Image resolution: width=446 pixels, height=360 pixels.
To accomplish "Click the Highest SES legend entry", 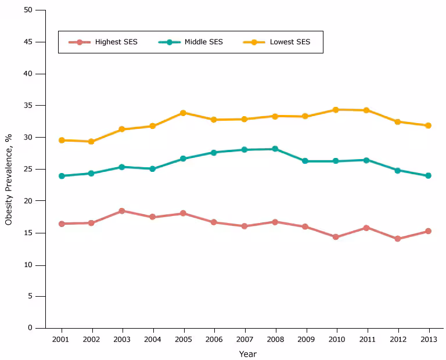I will [x=103, y=42].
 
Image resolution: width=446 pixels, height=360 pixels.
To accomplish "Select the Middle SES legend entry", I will [x=191, y=42].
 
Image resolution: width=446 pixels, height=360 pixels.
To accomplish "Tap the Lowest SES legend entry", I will [x=277, y=42].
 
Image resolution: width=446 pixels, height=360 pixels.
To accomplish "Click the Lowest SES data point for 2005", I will [x=183, y=113].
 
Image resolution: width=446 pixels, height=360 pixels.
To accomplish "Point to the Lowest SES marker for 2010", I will [x=336, y=110].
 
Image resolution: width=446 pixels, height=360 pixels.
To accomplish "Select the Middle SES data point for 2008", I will [x=275, y=149].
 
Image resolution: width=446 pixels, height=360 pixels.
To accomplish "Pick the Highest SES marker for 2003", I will [x=121, y=211].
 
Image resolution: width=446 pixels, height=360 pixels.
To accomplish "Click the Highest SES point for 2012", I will [x=397, y=239].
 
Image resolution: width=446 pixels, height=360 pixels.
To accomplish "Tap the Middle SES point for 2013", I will [x=428, y=175].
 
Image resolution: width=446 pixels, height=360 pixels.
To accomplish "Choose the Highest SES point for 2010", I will [x=336, y=237].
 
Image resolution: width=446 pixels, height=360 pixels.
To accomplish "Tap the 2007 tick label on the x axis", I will [x=244, y=339].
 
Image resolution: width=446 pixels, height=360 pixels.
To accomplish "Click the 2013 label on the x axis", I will [x=428, y=339].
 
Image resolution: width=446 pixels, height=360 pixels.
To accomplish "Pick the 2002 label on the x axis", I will [x=91, y=339].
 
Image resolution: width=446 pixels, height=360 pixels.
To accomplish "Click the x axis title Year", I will [x=247, y=354].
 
